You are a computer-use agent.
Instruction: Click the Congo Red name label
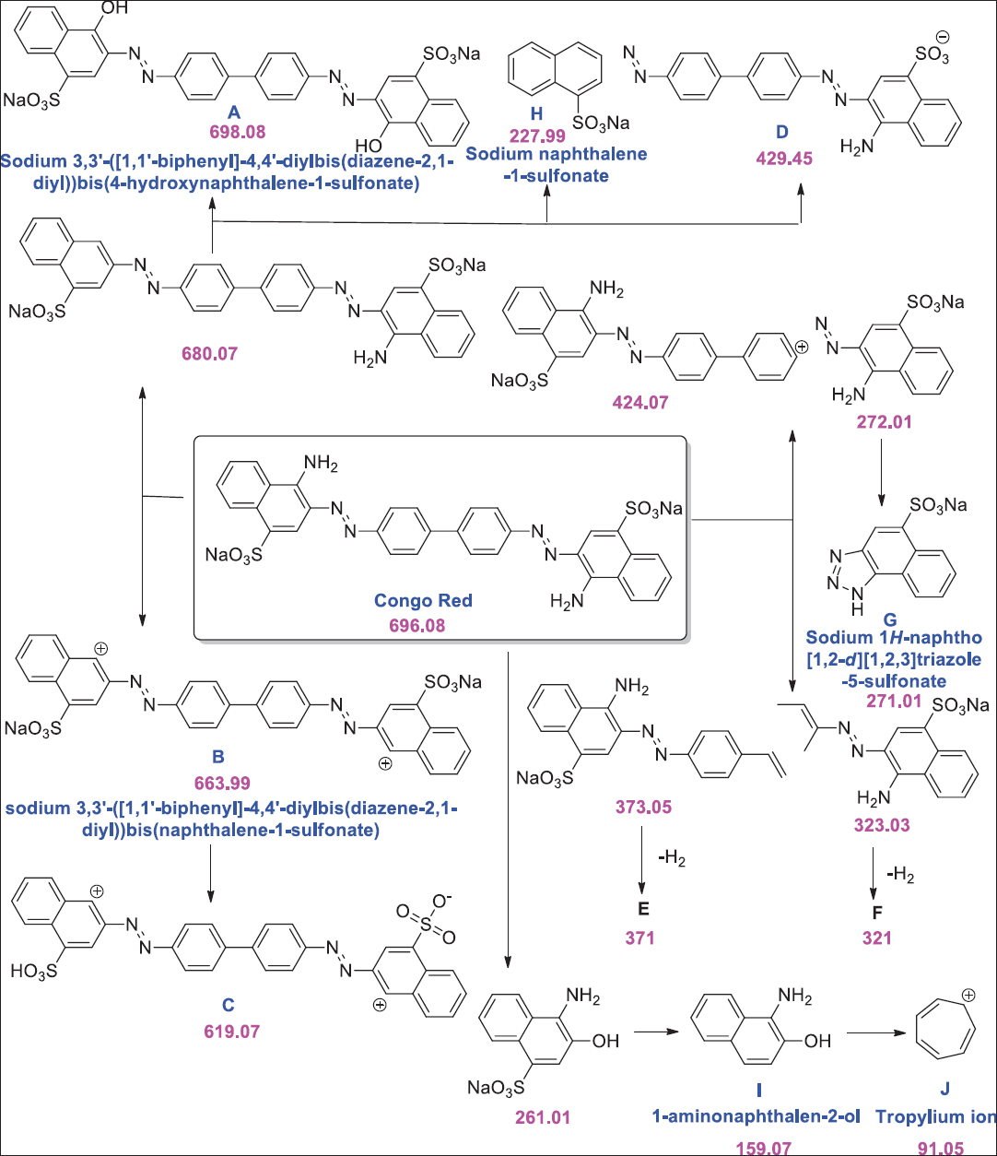click(423, 600)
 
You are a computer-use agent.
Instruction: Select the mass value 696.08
click(423, 624)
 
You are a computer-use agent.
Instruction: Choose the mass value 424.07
click(643, 402)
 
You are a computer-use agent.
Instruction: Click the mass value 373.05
click(644, 808)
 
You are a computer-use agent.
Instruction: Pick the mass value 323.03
click(881, 827)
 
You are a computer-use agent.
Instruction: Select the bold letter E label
click(643, 909)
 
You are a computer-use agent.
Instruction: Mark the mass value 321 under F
click(873, 938)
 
